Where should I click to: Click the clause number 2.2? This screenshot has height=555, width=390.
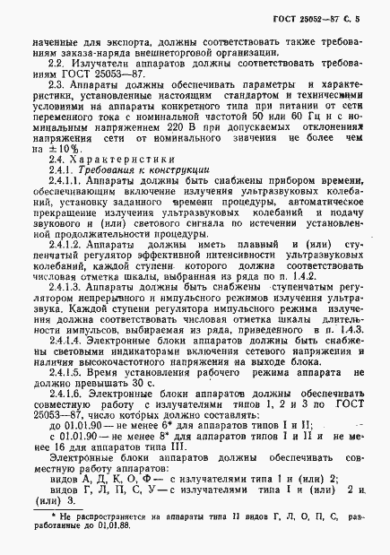[56, 63]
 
